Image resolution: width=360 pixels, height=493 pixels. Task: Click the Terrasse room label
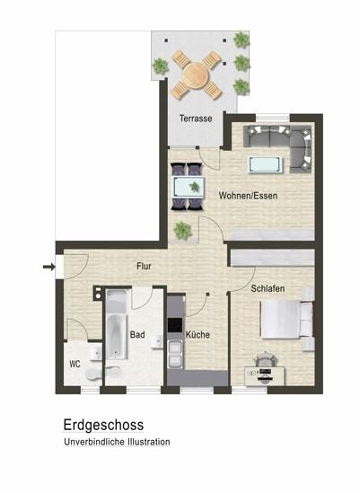pos(196,119)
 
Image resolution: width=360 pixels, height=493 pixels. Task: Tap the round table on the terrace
pos(197,75)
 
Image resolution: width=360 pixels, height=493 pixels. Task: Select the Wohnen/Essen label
pos(248,196)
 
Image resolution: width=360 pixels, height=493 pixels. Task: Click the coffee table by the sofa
pos(265,164)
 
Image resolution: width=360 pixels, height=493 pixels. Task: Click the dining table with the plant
pos(189,187)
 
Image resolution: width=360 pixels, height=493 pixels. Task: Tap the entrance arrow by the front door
pos(48,267)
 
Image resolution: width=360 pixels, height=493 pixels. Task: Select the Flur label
pos(144,267)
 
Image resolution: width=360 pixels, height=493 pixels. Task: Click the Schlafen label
pos(268,288)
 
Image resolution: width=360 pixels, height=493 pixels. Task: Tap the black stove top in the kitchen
pos(175,325)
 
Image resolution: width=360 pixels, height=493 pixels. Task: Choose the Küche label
pos(198,335)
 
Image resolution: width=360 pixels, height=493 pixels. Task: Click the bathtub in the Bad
pos(116,325)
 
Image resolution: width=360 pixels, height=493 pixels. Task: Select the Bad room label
pos(137,334)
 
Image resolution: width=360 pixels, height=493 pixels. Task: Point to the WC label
pos(75,364)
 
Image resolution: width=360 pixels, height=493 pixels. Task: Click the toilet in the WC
pos(93,374)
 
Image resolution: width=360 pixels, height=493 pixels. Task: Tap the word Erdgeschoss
pos(103,425)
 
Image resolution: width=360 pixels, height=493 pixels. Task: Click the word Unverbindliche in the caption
pos(94,442)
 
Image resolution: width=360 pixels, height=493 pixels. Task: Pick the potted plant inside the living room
pos(182,231)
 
